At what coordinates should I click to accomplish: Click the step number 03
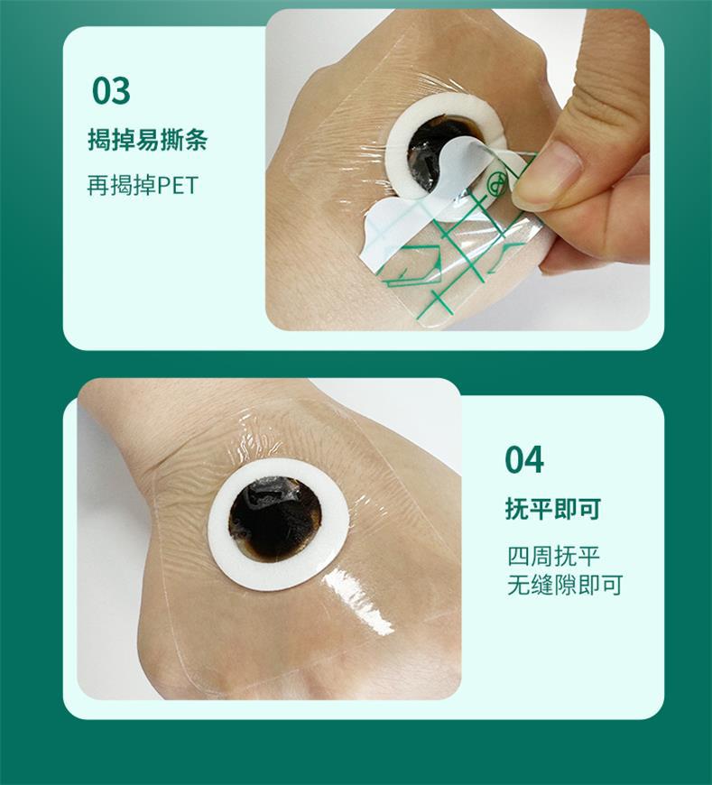[x=111, y=90]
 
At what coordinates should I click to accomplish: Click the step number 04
[x=523, y=459]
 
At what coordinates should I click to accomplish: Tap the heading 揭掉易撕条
[x=148, y=139]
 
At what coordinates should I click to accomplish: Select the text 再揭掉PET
[x=143, y=185]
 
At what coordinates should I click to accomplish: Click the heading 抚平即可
[x=553, y=509]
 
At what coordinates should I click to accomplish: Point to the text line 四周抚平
[x=553, y=556]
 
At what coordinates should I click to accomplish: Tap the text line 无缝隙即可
[x=565, y=585]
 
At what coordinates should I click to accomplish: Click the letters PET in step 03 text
[x=178, y=185]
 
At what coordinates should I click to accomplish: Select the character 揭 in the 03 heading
[x=99, y=139]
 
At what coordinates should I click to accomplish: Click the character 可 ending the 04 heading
[x=590, y=509]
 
